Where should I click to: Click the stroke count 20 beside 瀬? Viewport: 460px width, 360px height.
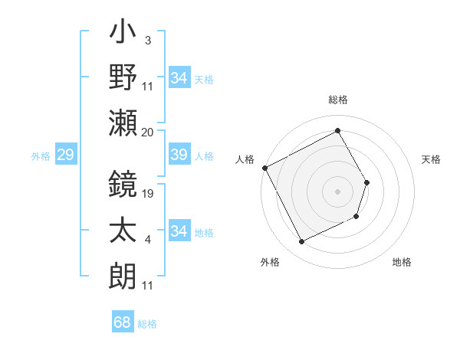coord(149,132)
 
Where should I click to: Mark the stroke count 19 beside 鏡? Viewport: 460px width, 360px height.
coord(149,193)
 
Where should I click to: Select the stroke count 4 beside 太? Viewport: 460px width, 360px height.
coord(147,241)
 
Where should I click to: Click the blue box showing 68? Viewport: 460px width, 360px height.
coord(123,322)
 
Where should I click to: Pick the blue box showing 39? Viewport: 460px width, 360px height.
coord(179,155)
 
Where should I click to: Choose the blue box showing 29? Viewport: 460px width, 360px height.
coord(65,155)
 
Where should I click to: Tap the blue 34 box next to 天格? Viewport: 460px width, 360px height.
coord(179,78)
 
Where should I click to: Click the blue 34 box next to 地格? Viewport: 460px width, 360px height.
coord(179,231)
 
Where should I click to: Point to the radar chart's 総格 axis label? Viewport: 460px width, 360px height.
coord(338,100)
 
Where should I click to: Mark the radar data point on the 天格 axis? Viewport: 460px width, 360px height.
coord(367,182)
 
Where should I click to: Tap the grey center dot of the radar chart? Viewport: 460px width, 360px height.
coord(337,191)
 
